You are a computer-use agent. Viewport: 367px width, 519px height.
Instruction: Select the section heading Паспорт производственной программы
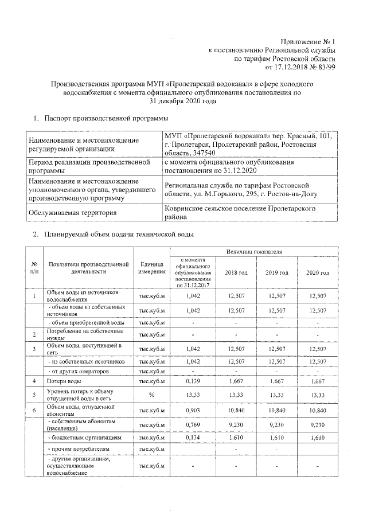coord(106,118)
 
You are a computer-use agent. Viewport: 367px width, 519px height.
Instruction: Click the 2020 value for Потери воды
coord(317,380)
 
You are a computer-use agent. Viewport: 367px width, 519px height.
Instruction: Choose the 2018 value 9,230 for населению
coord(236,425)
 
